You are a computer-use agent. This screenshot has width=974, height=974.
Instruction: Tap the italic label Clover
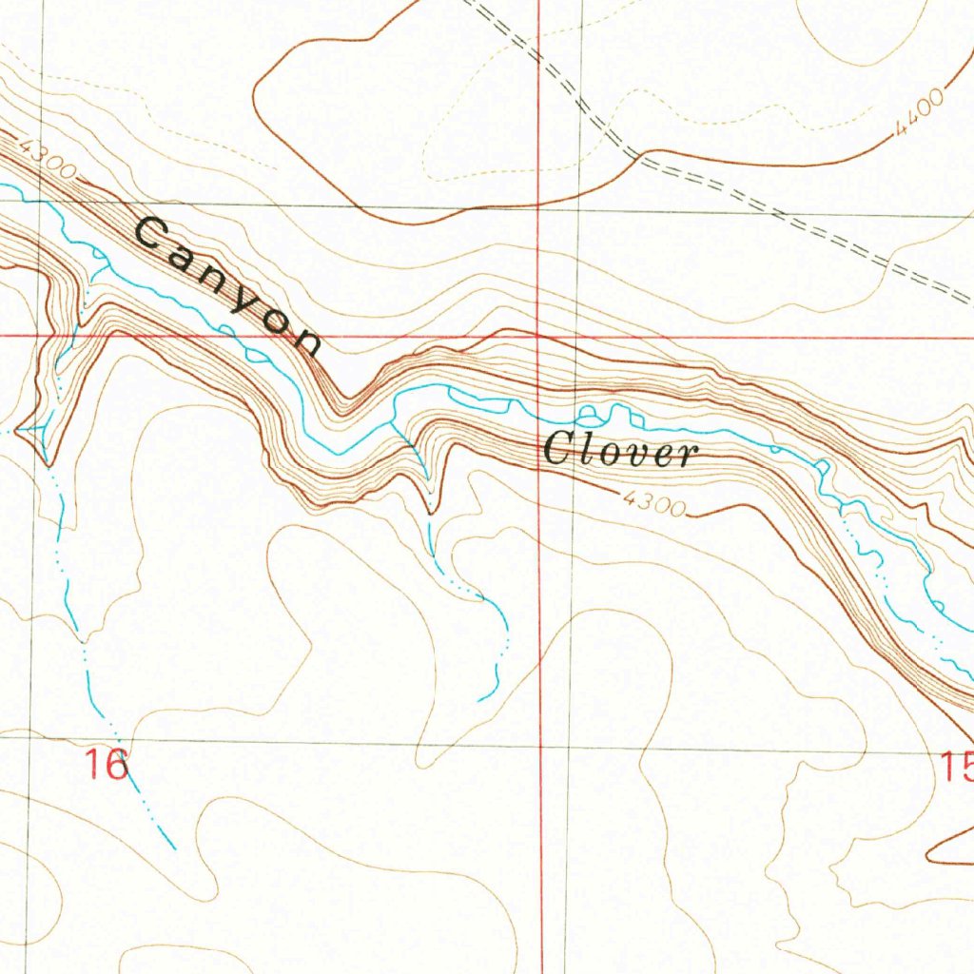(621, 451)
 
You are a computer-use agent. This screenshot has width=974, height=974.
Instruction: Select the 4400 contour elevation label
(920, 114)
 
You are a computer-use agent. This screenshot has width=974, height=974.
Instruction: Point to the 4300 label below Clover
(655, 503)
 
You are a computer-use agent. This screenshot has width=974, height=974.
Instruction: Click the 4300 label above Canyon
(45, 158)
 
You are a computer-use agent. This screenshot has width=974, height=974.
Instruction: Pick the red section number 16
(107, 764)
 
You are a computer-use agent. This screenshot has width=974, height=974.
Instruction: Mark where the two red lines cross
(539, 336)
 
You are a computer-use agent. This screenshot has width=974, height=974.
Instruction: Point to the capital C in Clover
(556, 448)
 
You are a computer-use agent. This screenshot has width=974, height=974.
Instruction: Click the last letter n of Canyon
(306, 340)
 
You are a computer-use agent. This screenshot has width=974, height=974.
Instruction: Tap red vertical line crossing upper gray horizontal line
(539, 206)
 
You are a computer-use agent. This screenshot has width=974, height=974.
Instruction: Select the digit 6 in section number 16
(117, 764)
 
